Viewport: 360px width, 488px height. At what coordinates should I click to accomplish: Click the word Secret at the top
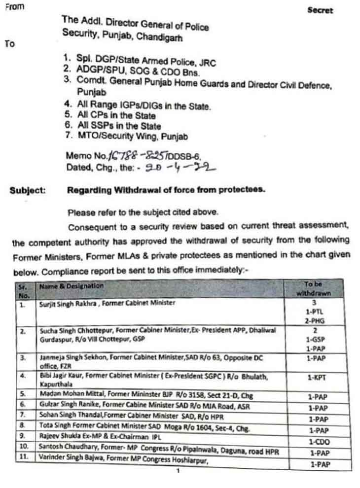[x=320, y=10]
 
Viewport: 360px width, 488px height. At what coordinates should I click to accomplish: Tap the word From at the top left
[x=14, y=8]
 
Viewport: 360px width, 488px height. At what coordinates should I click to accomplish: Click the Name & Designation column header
[x=71, y=286]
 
